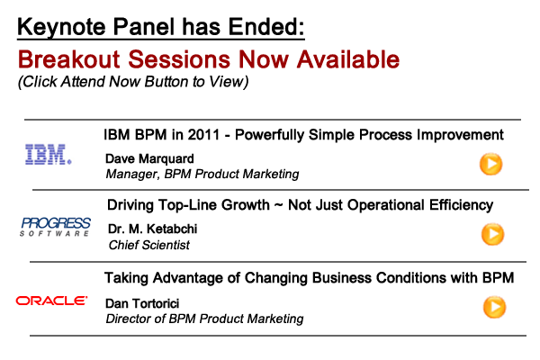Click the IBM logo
point(49,154)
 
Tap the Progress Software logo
point(55,227)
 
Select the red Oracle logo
point(51,301)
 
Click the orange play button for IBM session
point(490,164)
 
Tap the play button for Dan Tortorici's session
point(494,307)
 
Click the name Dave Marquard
point(149,158)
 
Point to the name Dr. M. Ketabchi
point(153,229)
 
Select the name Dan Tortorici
point(142,303)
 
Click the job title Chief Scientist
point(149,245)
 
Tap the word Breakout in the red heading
point(69,59)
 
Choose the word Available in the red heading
point(348,59)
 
